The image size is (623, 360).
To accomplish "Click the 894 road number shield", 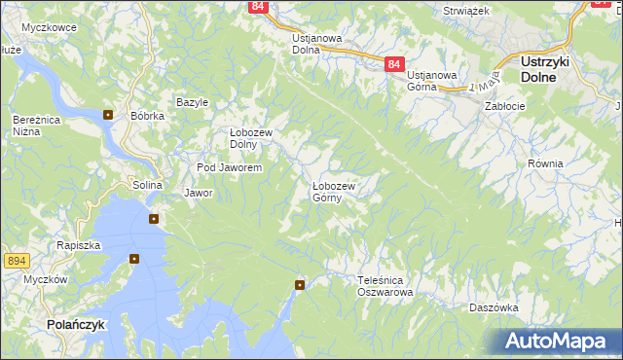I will pos(16,261).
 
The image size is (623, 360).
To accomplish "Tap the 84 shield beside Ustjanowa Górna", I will pos(393,63).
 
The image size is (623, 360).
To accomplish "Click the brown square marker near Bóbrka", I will pos(108,114).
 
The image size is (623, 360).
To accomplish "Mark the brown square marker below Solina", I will pos(154,218).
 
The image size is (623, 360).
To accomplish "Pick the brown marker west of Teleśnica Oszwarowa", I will pos(300,284).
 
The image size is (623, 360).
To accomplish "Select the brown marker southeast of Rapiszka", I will pos(134,259).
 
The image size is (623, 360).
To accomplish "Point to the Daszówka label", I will pos(493,307).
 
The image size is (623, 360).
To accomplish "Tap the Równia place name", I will pos(545,163).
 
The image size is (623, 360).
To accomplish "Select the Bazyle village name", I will pos(193,102).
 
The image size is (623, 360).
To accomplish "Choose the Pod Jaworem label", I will pos(229,167).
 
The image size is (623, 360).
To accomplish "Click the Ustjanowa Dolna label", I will pos(316,45).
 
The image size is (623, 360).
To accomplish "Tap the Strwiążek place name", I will pos(465,10).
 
